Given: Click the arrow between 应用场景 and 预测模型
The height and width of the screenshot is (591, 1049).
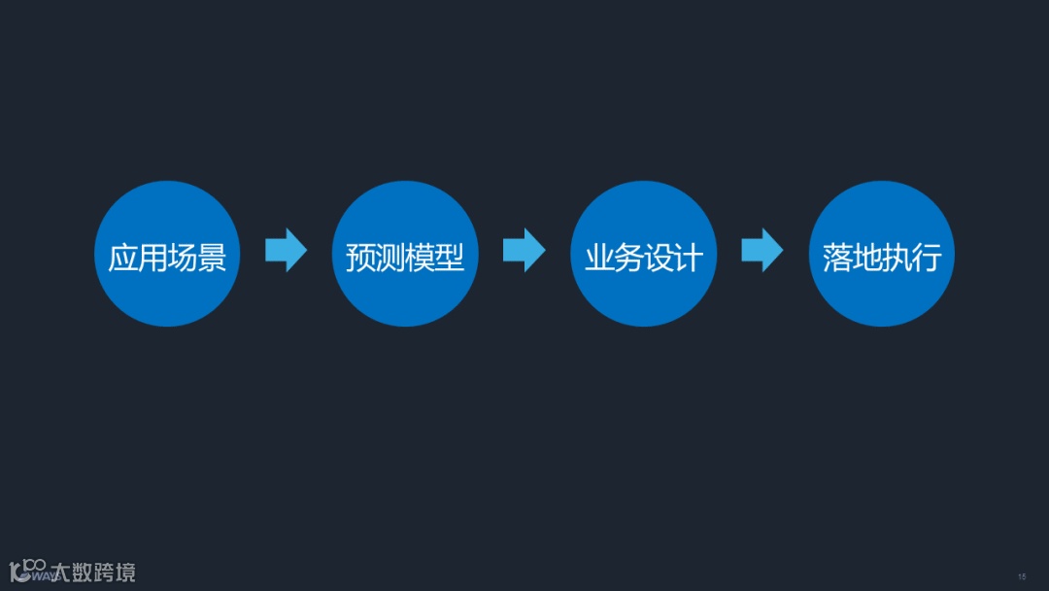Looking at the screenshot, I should tap(286, 251).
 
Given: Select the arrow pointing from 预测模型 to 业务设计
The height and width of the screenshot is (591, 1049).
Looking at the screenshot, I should tap(524, 251).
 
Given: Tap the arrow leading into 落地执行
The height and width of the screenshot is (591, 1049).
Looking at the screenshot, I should tap(761, 251).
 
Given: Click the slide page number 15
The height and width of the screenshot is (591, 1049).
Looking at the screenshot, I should tap(1022, 576).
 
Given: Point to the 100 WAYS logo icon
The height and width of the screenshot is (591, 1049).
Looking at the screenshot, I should tap(28, 571).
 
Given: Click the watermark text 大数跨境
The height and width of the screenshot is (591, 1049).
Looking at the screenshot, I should tap(93, 572).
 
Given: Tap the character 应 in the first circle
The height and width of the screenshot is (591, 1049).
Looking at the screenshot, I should tap(122, 258).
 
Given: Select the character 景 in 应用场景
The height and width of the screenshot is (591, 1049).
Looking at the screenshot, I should tap(212, 258).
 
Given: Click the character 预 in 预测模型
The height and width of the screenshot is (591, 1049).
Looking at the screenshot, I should tap(360, 258).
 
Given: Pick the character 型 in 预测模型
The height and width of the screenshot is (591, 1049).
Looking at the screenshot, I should tap(450, 258).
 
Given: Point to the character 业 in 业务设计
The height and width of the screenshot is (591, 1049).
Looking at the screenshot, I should tap(598, 258).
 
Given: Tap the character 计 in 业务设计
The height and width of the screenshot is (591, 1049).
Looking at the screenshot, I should tap(688, 258).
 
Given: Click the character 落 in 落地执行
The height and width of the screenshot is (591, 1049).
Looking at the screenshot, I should tap(837, 258).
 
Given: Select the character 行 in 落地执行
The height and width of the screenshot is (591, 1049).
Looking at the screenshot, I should tap(927, 258).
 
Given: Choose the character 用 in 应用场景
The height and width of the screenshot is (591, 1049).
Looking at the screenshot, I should tap(152, 258).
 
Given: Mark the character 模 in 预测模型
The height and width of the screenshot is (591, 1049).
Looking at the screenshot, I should tap(421, 258).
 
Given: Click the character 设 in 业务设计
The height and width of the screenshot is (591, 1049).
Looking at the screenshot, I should tap(659, 258).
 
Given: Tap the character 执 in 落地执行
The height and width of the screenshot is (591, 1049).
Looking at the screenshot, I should tap(897, 258).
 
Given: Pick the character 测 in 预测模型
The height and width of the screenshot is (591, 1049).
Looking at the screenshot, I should tap(390, 258).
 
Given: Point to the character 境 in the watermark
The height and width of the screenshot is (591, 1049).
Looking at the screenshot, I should tap(124, 572).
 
